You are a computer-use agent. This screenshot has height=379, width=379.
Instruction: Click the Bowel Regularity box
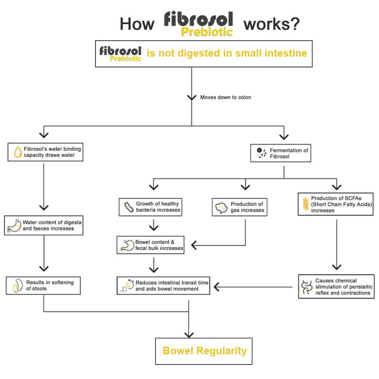pos(204,351)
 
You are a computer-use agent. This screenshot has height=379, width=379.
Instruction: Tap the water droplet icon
pos(17,152)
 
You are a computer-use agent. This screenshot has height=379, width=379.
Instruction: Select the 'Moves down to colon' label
pos(226,97)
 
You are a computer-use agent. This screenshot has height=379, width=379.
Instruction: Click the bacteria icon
pos(127,207)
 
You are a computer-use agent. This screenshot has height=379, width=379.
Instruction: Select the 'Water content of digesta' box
pos(44,225)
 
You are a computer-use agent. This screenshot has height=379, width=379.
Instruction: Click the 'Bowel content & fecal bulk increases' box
pos(151,245)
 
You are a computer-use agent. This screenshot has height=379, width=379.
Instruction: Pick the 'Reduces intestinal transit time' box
pos(163,286)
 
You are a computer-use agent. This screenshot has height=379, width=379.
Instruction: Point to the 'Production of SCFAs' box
pos(335,204)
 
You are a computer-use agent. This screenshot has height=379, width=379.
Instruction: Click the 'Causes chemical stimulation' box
pos(336,287)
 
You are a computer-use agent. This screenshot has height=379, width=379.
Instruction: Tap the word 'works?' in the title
pos(271,23)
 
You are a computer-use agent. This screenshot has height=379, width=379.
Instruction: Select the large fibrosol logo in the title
pos(199,24)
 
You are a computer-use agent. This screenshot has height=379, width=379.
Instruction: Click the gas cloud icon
pos(221,208)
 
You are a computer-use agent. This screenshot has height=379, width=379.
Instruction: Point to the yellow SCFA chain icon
pos(305,204)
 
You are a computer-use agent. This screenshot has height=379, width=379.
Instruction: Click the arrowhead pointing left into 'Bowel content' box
pos(194,245)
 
